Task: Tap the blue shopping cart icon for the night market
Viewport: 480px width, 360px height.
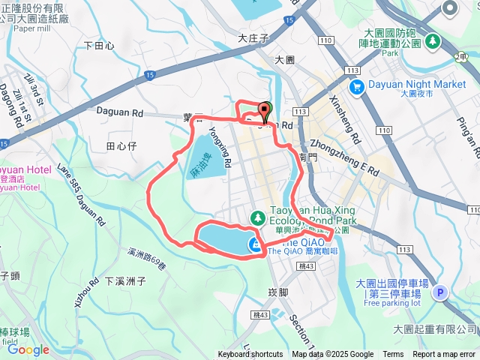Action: pyautogui.click(x=357, y=86)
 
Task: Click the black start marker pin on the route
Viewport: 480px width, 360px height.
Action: pyautogui.click(x=265, y=111)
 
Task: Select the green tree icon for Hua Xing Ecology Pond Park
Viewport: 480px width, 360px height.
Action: pyautogui.click(x=258, y=217)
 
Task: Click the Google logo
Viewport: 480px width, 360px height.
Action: pyautogui.click(x=28, y=349)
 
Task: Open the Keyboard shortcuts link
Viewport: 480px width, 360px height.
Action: pyautogui.click(x=250, y=355)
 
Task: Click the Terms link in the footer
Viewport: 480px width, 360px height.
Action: pyautogui.click(x=393, y=355)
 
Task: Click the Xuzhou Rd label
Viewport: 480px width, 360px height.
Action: pyautogui.click(x=84, y=292)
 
